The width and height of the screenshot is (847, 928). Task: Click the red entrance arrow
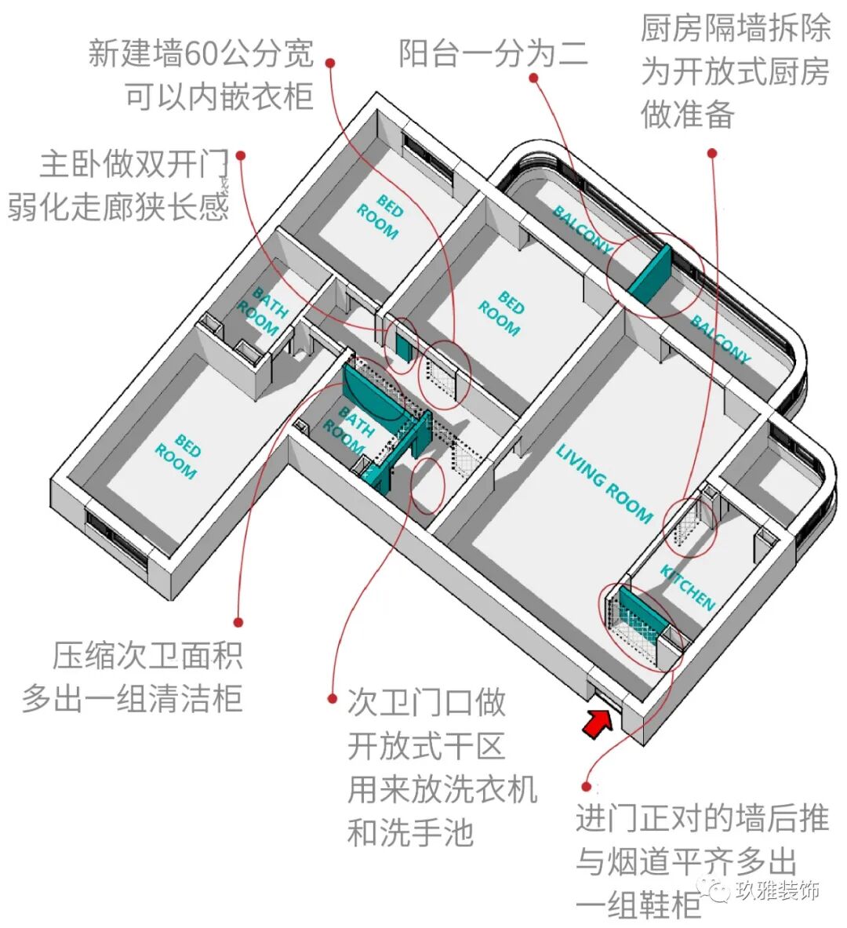point(598,722)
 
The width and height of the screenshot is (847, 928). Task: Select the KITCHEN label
point(688,588)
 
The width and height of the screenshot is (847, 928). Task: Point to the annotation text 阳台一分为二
point(493,53)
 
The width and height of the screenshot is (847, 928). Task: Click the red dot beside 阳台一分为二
point(533,78)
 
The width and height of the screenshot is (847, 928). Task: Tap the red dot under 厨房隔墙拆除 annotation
point(712,154)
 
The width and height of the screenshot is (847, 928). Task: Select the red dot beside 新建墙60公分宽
point(331,63)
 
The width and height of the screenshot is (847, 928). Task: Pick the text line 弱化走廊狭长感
point(118,207)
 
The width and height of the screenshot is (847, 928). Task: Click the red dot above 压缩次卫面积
point(238,622)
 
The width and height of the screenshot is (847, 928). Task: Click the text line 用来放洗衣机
point(442,788)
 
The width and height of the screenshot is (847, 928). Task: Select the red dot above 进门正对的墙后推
point(586,785)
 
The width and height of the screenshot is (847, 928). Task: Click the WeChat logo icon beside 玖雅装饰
point(717,890)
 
